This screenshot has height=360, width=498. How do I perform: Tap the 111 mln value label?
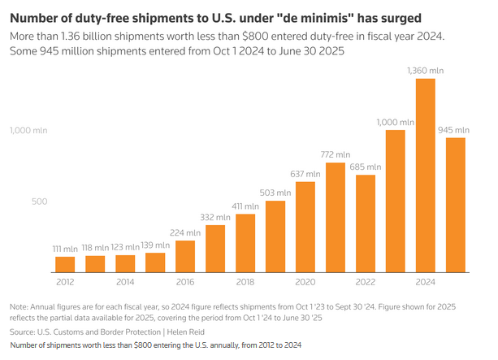pos(65,249)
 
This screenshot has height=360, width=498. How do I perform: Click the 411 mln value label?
pos(245,206)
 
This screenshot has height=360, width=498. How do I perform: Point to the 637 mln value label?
pos(305,174)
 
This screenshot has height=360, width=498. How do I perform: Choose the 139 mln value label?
pos(155,245)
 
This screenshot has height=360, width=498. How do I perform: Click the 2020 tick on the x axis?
pos(305,283)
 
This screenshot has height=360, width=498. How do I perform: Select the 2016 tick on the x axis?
pos(184,283)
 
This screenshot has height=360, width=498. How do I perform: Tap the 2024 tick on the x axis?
pos(425,283)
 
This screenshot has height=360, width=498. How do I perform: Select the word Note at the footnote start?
pos(20,306)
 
